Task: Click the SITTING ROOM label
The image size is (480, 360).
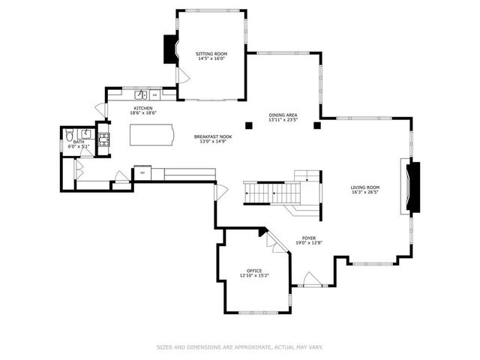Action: point(211,54)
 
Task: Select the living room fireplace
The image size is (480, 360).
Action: point(412,186)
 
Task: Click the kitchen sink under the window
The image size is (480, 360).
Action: point(140,94)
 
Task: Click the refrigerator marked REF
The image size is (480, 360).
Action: point(142,173)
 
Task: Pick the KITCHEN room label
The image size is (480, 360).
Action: point(143,108)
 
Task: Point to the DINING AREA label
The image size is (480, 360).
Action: point(283,115)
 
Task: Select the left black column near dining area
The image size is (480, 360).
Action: point(247,124)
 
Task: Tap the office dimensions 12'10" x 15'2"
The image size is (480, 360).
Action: point(254,276)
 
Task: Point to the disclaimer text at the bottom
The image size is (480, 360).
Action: point(240,346)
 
